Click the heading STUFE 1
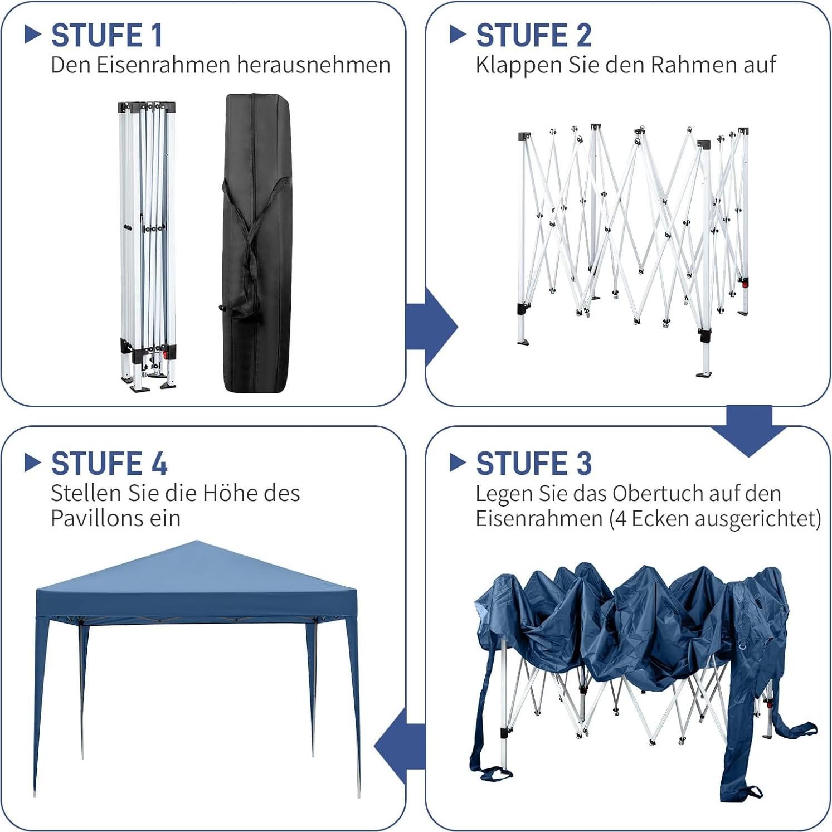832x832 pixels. click(x=106, y=36)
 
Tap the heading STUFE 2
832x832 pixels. click(x=533, y=36)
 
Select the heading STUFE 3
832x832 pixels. click(x=533, y=464)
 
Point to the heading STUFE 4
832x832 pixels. click(x=109, y=464)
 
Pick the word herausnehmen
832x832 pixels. click(x=314, y=65)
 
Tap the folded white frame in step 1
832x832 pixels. click(x=147, y=245)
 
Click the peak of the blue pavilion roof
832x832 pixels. click(x=197, y=542)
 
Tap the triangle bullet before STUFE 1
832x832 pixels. click(x=33, y=35)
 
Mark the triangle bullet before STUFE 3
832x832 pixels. click(x=457, y=463)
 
